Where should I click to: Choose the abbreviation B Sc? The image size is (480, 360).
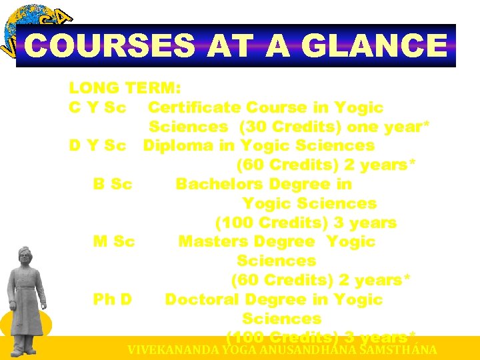pyautogui.click(x=113, y=184)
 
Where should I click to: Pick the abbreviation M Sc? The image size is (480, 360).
pyautogui.click(x=114, y=241)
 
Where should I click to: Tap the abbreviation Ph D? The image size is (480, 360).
pyautogui.click(x=113, y=299)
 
